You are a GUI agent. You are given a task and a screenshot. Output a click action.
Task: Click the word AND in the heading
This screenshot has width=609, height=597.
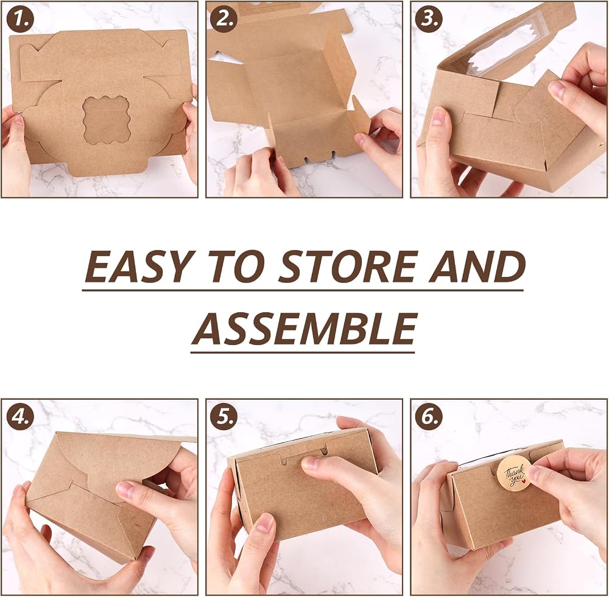[x=477, y=267]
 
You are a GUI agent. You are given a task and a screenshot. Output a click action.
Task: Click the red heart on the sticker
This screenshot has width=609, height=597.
[x=523, y=481]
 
